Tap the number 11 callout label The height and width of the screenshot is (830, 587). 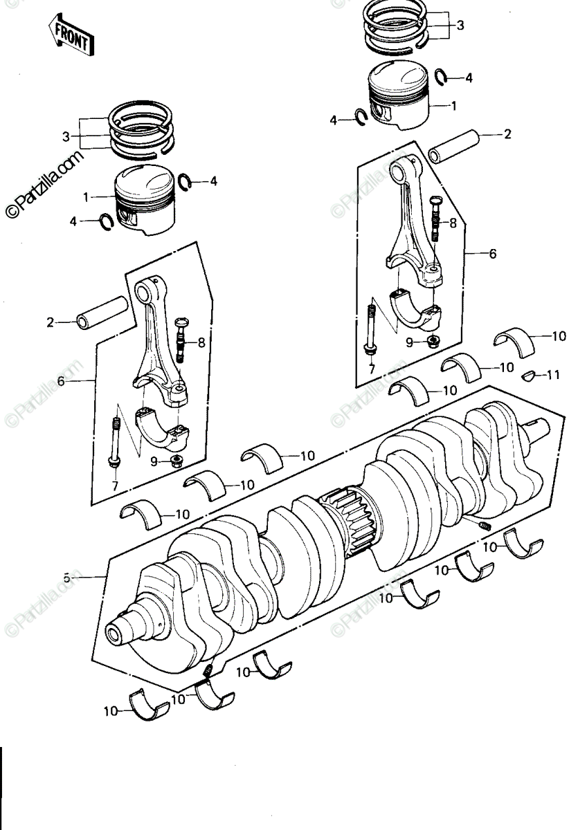[x=553, y=376]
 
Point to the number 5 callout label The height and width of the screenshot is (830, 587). [x=66, y=578]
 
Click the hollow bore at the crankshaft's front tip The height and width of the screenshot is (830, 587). [x=116, y=636]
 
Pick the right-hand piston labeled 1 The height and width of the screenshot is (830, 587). [x=399, y=95]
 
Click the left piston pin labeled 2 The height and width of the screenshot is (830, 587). [x=102, y=312]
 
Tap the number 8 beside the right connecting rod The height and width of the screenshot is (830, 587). [x=453, y=223]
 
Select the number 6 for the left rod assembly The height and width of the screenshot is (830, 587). [x=61, y=381]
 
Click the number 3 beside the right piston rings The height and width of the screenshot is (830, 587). [x=460, y=26]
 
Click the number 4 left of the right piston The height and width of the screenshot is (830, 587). [x=334, y=120]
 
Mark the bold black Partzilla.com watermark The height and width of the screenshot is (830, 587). [x=44, y=185]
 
